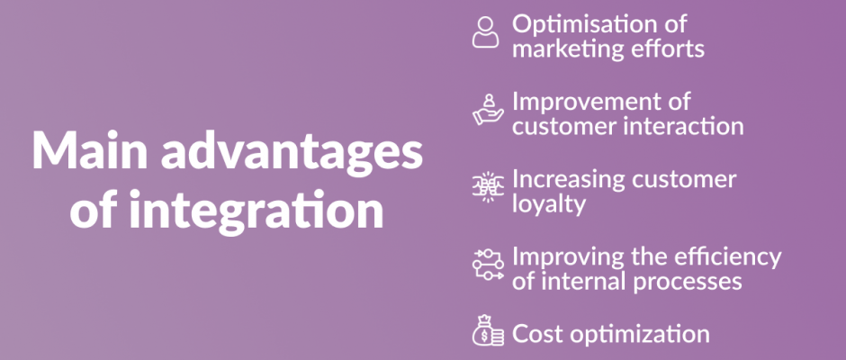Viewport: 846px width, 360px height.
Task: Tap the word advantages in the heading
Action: pyautogui.click(x=292, y=155)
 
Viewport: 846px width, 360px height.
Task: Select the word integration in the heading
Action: pyautogui.click(x=256, y=211)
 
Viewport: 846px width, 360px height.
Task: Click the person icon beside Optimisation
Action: pyautogui.click(x=486, y=31)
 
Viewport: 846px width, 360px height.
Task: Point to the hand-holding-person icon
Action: pyautogui.click(x=488, y=110)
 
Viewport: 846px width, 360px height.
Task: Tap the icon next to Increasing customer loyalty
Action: pyautogui.click(x=488, y=188)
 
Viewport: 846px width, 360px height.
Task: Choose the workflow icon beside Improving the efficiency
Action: pyautogui.click(x=488, y=265)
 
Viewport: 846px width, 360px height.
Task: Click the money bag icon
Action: pyautogui.click(x=488, y=330)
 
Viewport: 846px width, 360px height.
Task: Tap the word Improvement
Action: pyautogui.click(x=601, y=103)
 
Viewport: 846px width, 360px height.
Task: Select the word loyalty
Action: pyautogui.click(x=549, y=205)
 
